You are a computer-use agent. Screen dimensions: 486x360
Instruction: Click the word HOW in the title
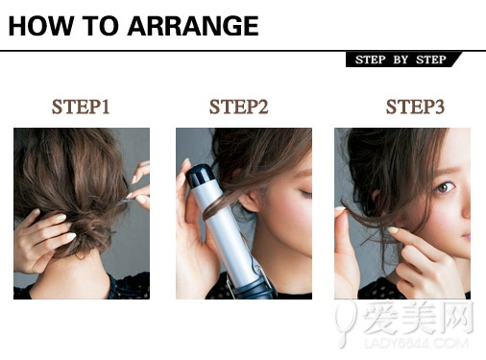click(x=40, y=26)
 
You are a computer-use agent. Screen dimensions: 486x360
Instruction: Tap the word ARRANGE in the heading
click(x=193, y=26)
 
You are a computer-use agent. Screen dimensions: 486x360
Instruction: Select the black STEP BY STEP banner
click(x=403, y=60)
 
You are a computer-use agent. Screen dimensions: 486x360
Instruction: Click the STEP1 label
click(x=81, y=107)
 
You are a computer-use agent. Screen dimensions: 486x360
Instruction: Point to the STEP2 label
click(x=238, y=107)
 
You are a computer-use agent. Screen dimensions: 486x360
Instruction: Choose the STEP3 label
click(x=415, y=107)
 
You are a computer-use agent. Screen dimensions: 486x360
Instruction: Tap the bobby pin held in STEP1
click(x=127, y=201)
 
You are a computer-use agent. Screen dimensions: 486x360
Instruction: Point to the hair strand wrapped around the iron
click(x=221, y=204)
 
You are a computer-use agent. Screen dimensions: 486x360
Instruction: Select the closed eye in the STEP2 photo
click(x=304, y=193)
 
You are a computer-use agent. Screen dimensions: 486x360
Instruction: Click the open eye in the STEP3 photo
click(x=445, y=187)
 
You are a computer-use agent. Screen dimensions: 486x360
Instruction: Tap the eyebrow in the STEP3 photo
click(x=443, y=170)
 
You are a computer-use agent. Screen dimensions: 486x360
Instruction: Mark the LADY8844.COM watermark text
click(x=416, y=344)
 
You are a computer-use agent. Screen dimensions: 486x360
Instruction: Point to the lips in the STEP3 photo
click(x=466, y=236)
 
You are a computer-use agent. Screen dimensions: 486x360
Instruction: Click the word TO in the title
click(x=100, y=26)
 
